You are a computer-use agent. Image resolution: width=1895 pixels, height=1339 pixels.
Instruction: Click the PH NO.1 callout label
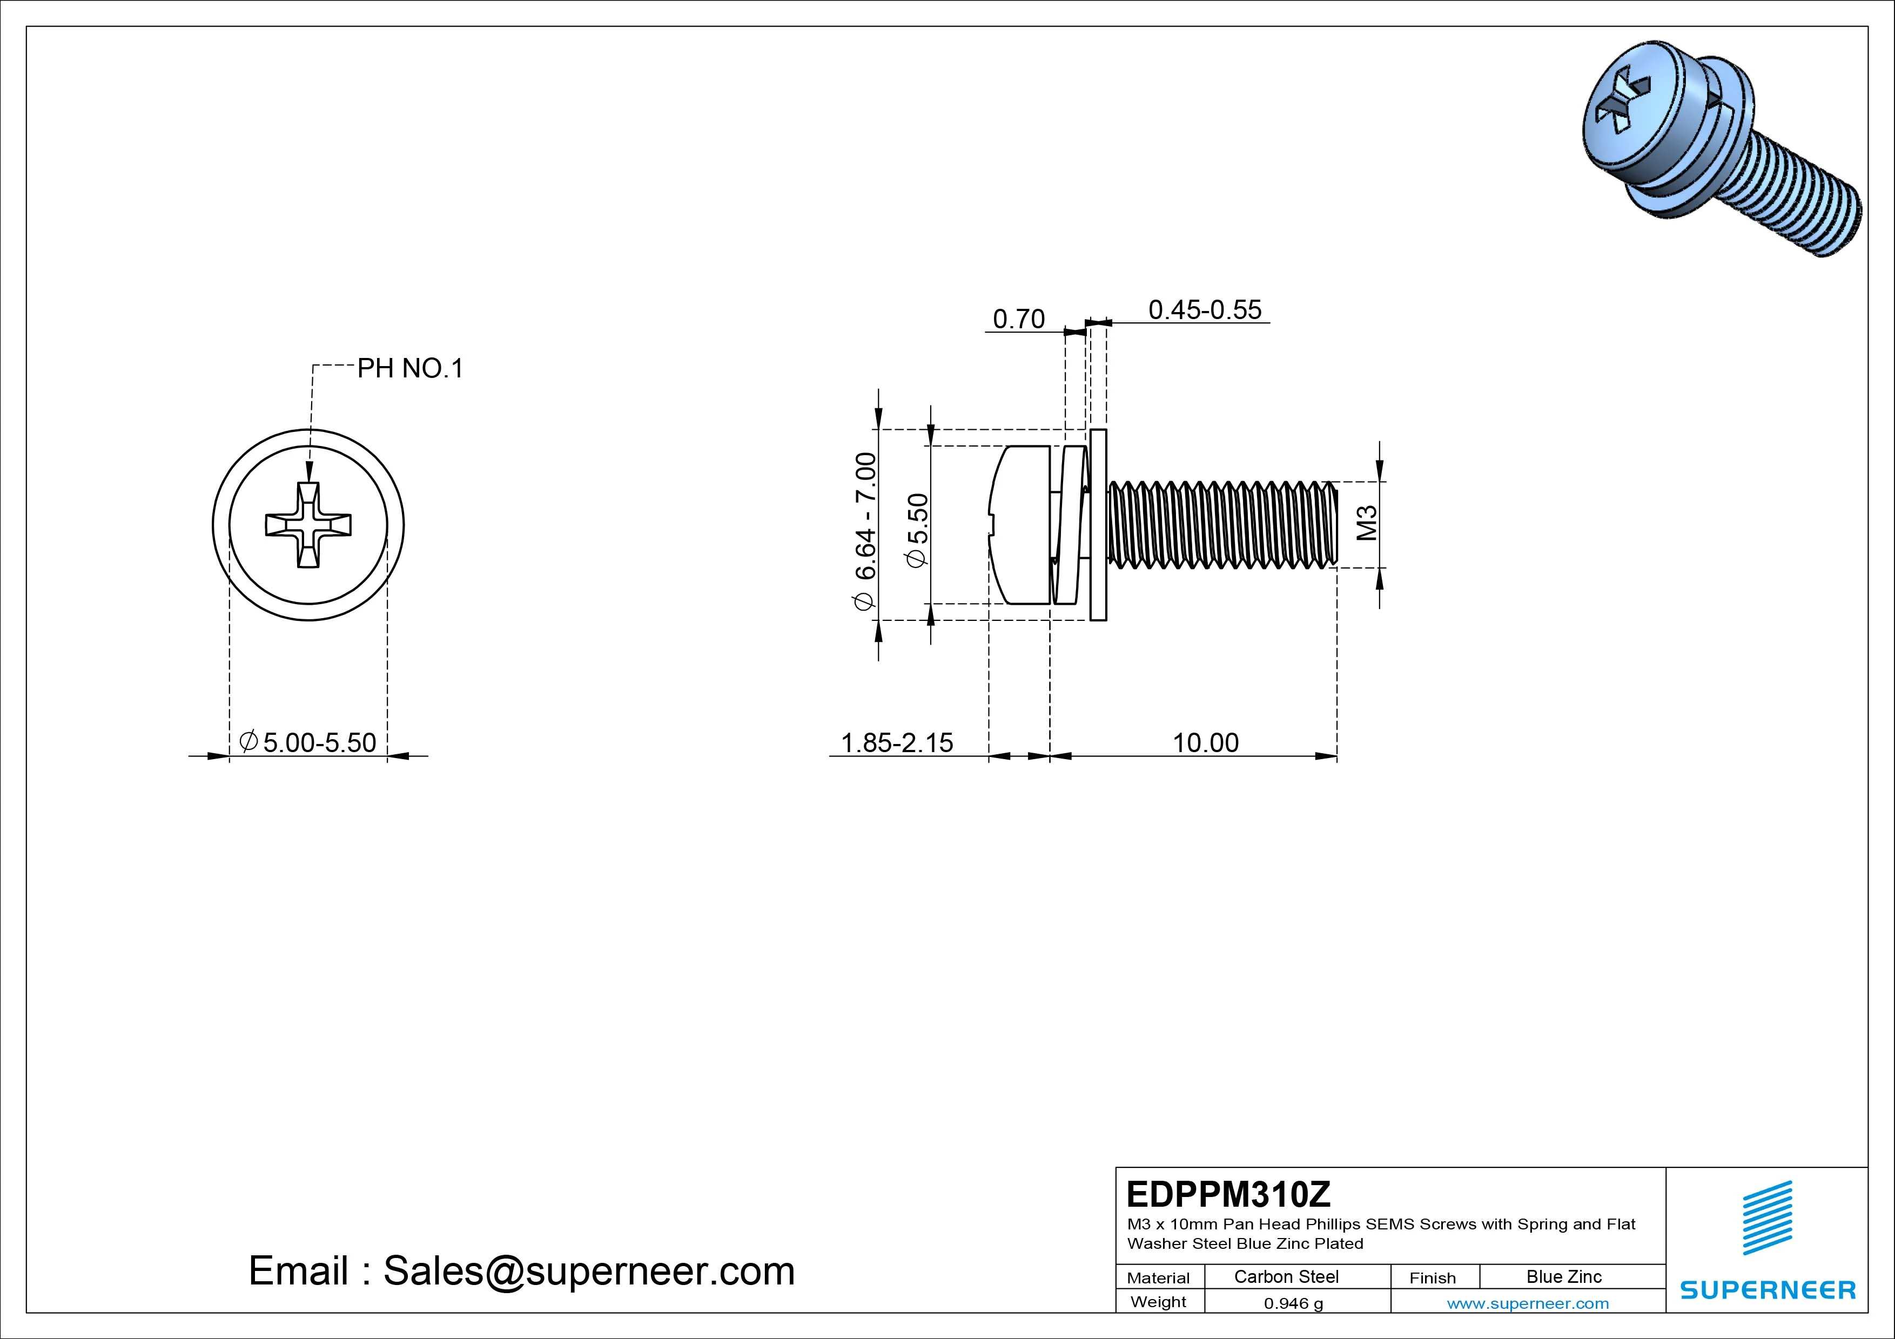[x=410, y=369]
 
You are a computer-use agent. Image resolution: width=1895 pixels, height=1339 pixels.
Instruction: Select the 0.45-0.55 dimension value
[x=1205, y=310]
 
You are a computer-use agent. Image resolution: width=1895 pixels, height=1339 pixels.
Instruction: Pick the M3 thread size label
[x=1368, y=524]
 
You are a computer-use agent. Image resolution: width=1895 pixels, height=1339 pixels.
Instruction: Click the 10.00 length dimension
[x=1205, y=742]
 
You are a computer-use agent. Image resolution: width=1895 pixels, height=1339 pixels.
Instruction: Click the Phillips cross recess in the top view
[x=308, y=525]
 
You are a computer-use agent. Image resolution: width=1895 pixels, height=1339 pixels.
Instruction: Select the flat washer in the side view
[x=1098, y=525]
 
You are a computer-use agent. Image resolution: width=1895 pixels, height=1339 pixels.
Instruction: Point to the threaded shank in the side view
[x=1221, y=525]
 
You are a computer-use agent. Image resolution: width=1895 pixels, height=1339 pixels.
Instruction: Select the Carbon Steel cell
[x=1286, y=1277]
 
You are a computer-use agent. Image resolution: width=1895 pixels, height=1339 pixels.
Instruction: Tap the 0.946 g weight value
[x=1293, y=1303]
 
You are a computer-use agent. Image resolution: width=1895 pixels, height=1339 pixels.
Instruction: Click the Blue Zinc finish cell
[x=1563, y=1277]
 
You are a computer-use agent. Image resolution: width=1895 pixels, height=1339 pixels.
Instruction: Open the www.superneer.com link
[x=1528, y=1303]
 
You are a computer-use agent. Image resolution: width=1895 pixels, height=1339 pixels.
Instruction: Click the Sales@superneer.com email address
[x=588, y=1270]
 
